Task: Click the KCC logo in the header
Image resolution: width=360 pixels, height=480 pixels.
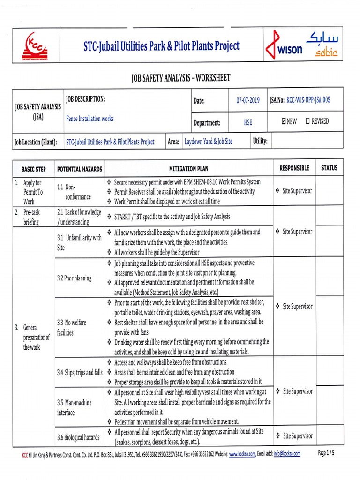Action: (x=36, y=45)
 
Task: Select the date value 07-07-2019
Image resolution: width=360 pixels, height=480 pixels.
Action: (x=248, y=100)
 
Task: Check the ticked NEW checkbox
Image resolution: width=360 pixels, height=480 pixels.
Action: (x=284, y=121)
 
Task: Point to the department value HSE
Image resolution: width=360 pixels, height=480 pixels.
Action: (x=248, y=122)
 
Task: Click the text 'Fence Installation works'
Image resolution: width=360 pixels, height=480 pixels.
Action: (x=90, y=119)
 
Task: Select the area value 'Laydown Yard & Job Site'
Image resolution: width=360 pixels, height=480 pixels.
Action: (x=208, y=142)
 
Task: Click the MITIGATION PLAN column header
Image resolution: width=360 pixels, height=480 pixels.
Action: (x=189, y=168)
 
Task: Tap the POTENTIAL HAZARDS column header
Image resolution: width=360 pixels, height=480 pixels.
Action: (x=79, y=168)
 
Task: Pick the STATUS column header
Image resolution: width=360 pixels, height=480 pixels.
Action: (x=329, y=168)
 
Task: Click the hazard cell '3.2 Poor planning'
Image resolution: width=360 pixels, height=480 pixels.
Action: (x=75, y=278)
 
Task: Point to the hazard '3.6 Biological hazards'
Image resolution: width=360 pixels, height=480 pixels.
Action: (x=78, y=437)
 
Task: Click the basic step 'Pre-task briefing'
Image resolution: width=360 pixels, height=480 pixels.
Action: (x=32, y=217)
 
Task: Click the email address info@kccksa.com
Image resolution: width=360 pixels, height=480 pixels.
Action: (x=287, y=454)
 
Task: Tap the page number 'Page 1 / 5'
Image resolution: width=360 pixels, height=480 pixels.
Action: (x=326, y=453)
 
